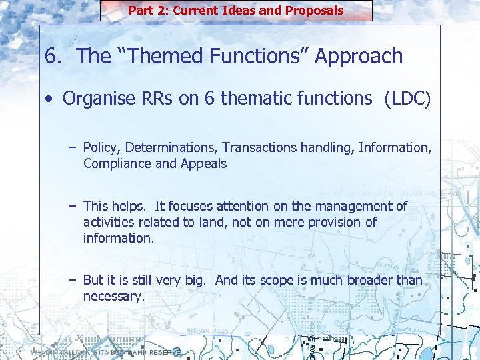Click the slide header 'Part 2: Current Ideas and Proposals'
(236, 11)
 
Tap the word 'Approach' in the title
(359, 57)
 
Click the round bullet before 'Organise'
(50, 100)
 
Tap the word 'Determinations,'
(171, 147)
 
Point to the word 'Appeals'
(203, 163)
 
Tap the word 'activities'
(108, 222)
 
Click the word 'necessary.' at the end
(113, 296)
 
